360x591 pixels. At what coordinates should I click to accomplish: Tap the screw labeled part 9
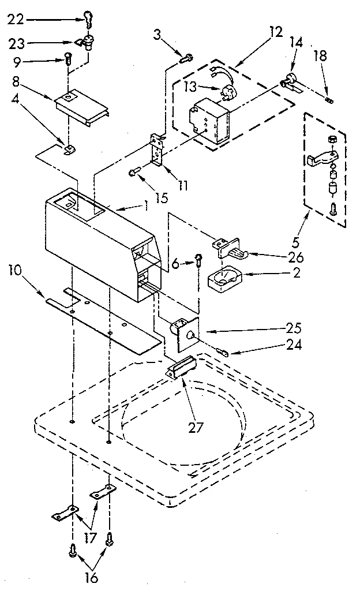click(68, 58)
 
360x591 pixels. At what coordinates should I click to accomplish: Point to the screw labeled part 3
click(186, 57)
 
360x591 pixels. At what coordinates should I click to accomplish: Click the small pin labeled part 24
click(222, 350)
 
